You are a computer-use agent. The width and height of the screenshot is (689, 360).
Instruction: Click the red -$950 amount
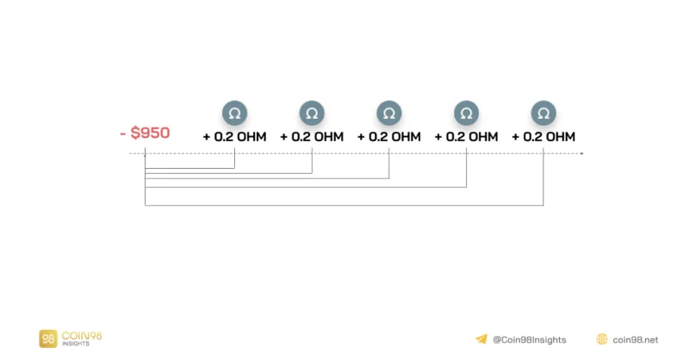tap(145, 133)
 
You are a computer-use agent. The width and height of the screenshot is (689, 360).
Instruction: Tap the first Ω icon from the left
tap(234, 114)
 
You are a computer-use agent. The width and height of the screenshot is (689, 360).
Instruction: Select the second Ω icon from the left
tap(312, 114)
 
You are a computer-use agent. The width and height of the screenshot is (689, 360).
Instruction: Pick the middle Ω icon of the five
tap(389, 114)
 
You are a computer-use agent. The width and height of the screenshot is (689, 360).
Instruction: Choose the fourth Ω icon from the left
tap(466, 114)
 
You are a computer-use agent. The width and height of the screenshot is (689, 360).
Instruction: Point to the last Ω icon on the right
tap(543, 114)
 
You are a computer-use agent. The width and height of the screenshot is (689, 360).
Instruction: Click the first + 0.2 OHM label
tap(234, 137)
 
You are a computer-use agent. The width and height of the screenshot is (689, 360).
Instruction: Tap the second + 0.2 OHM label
tap(312, 137)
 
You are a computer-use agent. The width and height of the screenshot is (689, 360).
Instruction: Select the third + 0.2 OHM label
tap(389, 137)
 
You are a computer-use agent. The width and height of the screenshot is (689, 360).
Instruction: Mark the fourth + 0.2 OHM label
tap(466, 137)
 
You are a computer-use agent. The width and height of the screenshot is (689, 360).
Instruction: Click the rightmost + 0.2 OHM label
tap(543, 137)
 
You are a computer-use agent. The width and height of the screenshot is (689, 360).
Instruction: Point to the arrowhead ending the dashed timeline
tap(582, 153)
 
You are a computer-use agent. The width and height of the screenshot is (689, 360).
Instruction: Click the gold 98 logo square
tap(48, 339)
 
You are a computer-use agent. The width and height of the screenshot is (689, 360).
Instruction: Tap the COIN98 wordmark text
tap(82, 336)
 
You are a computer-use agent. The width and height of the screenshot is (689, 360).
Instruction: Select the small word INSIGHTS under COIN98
tap(76, 344)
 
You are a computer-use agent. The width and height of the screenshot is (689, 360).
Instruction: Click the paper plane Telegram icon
tap(481, 339)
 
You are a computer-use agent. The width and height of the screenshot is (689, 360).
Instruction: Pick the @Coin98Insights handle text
tap(530, 340)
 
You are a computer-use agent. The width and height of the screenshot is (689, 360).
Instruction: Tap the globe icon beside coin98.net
tap(602, 339)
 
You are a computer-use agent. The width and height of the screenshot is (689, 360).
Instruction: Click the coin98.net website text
tap(636, 340)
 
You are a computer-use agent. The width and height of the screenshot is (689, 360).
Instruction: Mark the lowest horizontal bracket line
tap(344, 205)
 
